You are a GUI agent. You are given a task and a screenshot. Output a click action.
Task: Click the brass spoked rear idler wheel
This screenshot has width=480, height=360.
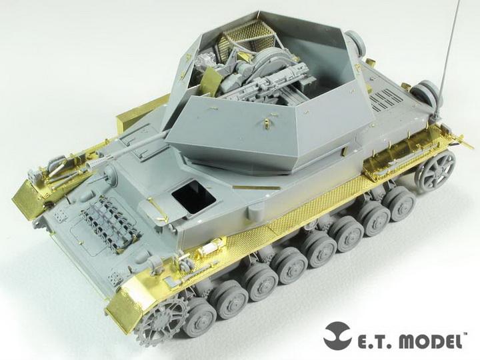435,169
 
